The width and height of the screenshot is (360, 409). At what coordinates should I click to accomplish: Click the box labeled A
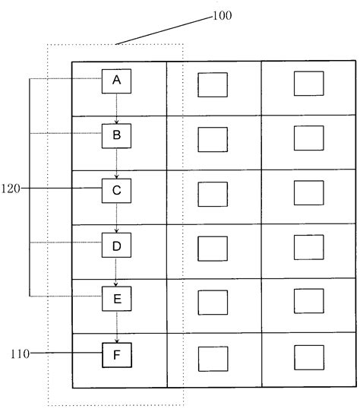click(x=116, y=81)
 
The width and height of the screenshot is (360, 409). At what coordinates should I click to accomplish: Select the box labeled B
click(x=116, y=136)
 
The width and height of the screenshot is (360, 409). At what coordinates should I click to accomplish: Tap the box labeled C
click(x=116, y=191)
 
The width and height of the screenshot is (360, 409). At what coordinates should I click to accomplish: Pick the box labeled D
click(x=116, y=246)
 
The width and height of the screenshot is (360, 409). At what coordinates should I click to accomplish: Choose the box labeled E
click(x=116, y=300)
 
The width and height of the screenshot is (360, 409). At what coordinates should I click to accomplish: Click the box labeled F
click(x=116, y=354)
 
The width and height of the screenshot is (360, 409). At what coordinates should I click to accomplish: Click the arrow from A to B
click(x=116, y=109)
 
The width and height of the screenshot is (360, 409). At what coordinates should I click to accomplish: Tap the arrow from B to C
click(x=116, y=163)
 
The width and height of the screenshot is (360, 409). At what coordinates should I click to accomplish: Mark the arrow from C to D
click(x=116, y=218)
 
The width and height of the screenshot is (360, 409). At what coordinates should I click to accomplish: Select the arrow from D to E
click(x=116, y=273)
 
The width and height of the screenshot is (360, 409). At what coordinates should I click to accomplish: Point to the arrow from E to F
click(x=116, y=327)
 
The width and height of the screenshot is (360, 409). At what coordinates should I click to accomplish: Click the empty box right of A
click(x=213, y=84)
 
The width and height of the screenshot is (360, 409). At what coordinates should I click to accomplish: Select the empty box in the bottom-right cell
click(x=309, y=357)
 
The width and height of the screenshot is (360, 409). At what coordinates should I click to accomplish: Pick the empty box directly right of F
click(x=213, y=358)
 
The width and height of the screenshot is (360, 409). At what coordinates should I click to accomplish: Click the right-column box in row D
click(x=309, y=248)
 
